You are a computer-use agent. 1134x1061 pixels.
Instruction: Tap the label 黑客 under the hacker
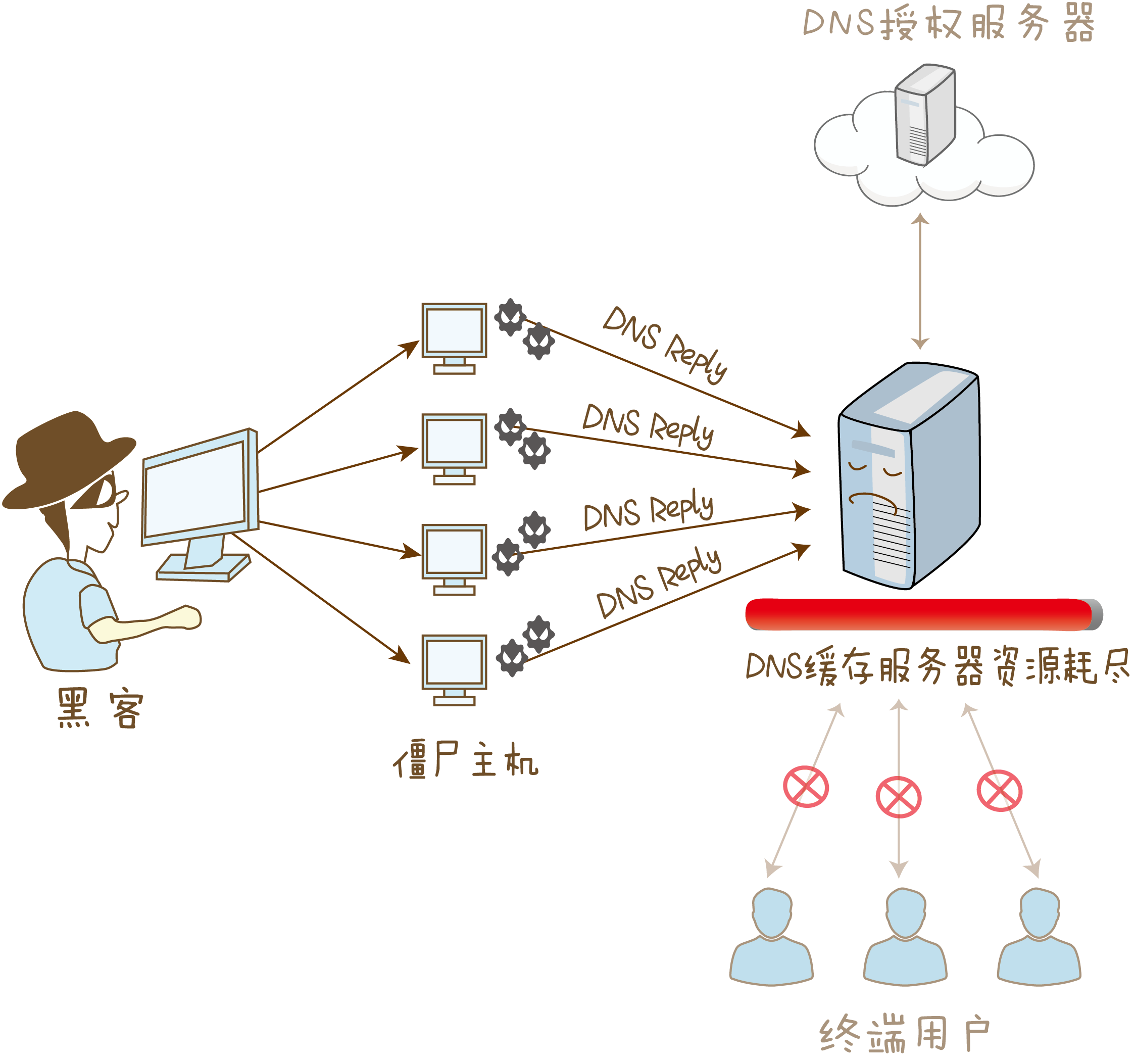coord(100,708)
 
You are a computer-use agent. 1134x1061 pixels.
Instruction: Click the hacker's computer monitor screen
coord(195,488)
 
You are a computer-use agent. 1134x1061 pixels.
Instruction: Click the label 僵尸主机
coord(465,759)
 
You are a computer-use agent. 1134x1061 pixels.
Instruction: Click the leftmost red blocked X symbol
coord(806,787)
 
